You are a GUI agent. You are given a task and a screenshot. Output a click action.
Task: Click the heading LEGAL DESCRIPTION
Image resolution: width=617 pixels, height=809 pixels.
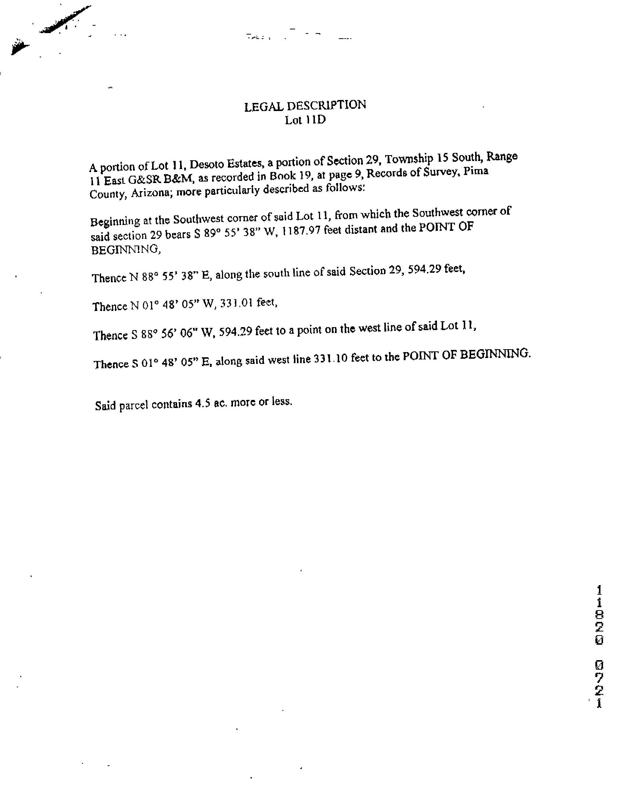point(305,106)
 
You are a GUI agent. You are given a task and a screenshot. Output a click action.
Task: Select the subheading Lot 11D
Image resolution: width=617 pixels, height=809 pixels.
point(305,120)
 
